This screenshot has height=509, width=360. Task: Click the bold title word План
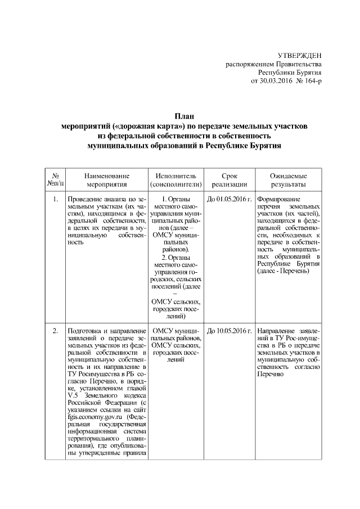tap(180, 116)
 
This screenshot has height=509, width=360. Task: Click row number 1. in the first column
tap(55, 199)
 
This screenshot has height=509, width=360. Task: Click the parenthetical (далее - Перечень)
tap(282, 272)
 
